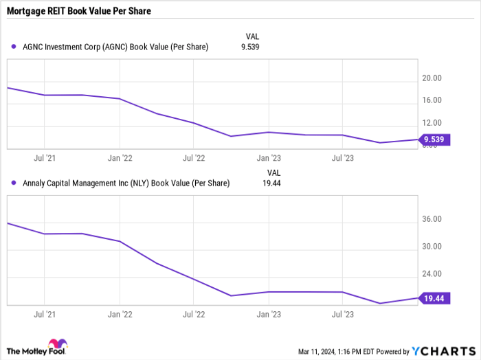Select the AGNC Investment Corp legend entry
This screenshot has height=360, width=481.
point(110,47)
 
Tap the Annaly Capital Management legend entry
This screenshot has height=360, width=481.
point(121,183)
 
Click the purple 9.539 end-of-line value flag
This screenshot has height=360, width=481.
point(434,140)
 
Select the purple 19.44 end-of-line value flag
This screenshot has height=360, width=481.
point(434,298)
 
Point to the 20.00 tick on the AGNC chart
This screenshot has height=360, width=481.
point(432,78)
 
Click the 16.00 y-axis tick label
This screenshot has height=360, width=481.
point(432,100)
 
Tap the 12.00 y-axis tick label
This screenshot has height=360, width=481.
point(432,123)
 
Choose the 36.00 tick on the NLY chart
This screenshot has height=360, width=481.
point(432,219)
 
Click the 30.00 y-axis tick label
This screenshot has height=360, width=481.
point(432,247)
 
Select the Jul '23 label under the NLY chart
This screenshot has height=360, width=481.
point(343,315)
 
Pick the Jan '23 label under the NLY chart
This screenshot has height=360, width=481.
point(268,315)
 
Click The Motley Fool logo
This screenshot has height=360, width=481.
point(38,348)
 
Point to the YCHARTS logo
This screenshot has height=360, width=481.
point(440,350)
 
